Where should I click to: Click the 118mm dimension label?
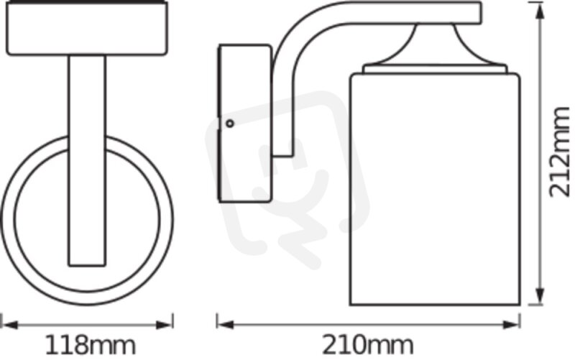coord(91,346)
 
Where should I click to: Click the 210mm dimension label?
coord(368,346)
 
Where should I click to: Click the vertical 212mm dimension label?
coord(560,152)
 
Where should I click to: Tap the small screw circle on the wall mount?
coord(230,124)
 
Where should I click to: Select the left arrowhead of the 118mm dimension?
coord(9,325)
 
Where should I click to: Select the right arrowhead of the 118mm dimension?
coord(165,325)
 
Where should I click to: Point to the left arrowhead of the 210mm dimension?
coord(225,325)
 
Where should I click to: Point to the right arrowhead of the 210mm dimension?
coord(511,325)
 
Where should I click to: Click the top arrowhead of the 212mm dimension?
coord(540,13)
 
